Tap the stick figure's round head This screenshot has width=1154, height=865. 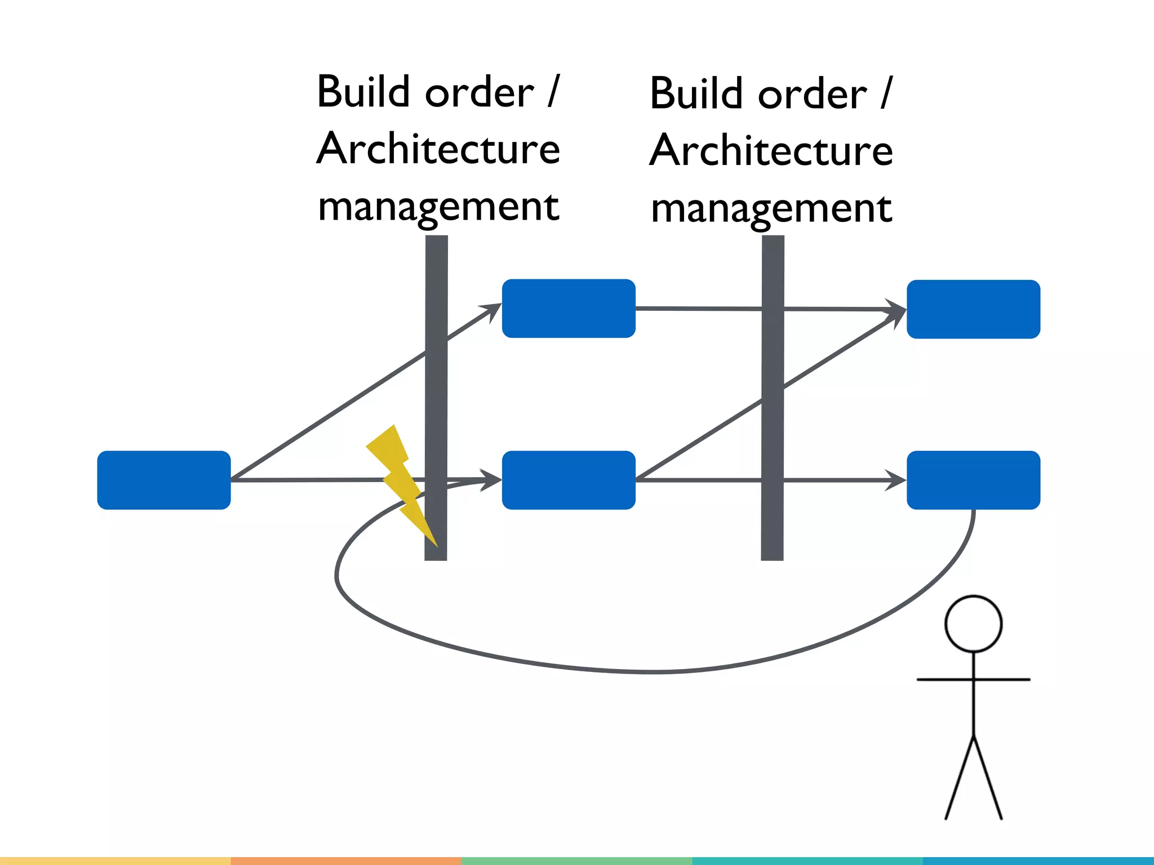pyautogui.click(x=973, y=624)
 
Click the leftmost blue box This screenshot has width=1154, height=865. pyautogui.click(x=164, y=480)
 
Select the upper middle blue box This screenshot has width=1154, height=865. pyautogui.click(x=569, y=309)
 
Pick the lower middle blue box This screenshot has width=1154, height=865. pyautogui.click(x=569, y=480)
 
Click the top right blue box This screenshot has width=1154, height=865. pyautogui.click(x=973, y=309)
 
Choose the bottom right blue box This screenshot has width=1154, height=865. pyautogui.click(x=973, y=480)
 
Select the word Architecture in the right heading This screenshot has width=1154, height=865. pyautogui.click(x=771, y=151)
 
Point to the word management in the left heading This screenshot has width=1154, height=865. pyautogui.click(x=438, y=207)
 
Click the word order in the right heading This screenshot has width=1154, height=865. pyautogui.click(x=812, y=95)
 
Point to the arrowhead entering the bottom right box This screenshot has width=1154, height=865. pyautogui.click(x=896, y=480)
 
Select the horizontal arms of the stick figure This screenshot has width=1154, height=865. pyautogui.click(x=973, y=680)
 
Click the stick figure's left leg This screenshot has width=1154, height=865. pyautogui.click(x=960, y=777)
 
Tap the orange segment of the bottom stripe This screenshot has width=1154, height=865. pyautogui.click(x=346, y=861)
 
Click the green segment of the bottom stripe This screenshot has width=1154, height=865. pyautogui.click(x=576, y=861)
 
